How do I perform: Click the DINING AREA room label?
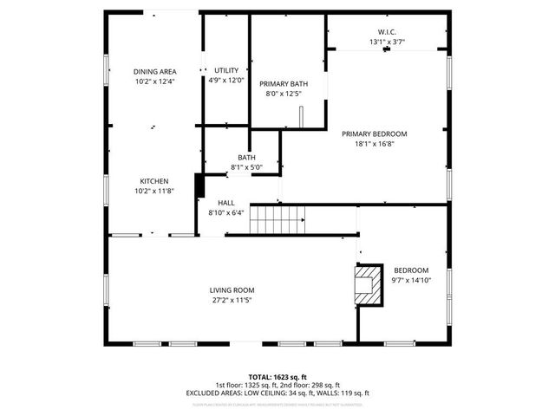(154, 71)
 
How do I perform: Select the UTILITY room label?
(226, 70)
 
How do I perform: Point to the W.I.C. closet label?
(388, 32)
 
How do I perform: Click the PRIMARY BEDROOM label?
(374, 134)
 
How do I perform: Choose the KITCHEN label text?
(154, 181)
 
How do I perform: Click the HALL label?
(226, 202)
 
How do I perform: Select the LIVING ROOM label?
(232, 290)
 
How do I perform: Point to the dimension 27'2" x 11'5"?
(232, 300)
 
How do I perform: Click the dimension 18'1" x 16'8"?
(374, 145)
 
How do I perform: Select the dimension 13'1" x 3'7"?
(388, 42)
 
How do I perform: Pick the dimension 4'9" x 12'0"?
(226, 80)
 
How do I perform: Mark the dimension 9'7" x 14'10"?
(411, 280)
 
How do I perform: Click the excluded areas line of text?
(277, 393)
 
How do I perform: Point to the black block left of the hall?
(199, 185)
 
